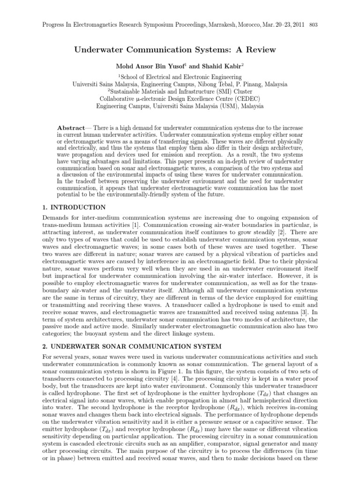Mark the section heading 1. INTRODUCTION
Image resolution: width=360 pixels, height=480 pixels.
click(x=74, y=207)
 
